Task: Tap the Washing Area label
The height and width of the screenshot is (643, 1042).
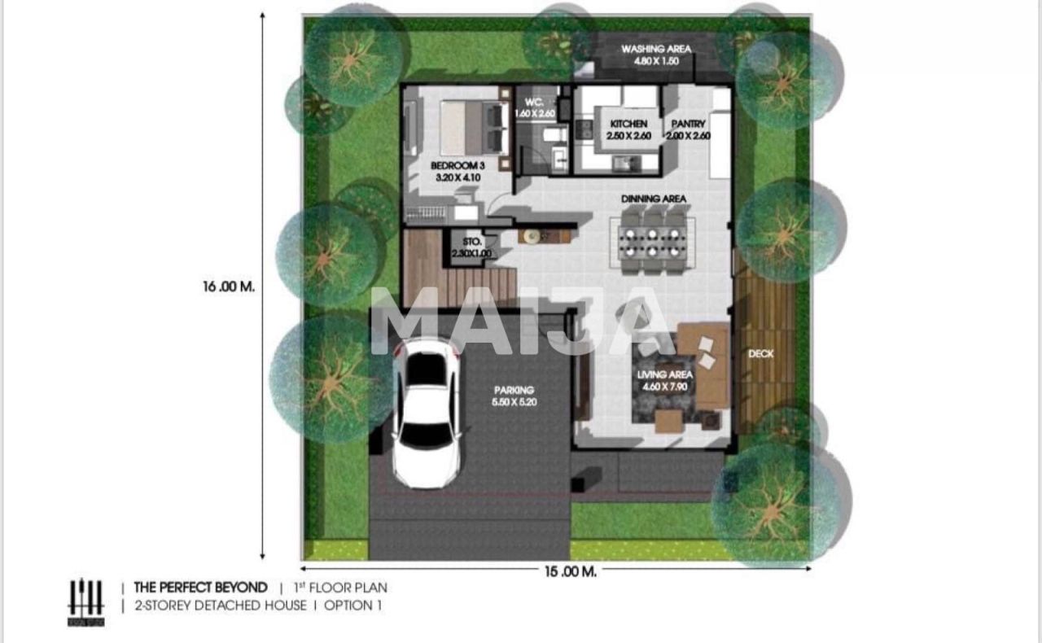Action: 656,55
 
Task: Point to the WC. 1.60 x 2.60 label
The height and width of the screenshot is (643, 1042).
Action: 534,107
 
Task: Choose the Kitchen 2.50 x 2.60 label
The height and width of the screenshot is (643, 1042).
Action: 628,129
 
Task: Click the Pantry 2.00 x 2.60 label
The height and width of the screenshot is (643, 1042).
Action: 688,129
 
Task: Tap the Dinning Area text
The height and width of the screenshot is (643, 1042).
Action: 653,199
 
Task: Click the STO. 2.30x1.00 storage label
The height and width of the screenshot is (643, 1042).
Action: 472,247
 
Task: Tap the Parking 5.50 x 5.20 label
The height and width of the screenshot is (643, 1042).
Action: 514,396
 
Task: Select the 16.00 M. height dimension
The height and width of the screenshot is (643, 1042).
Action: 229,287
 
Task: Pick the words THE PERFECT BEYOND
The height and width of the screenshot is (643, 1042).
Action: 200,587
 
